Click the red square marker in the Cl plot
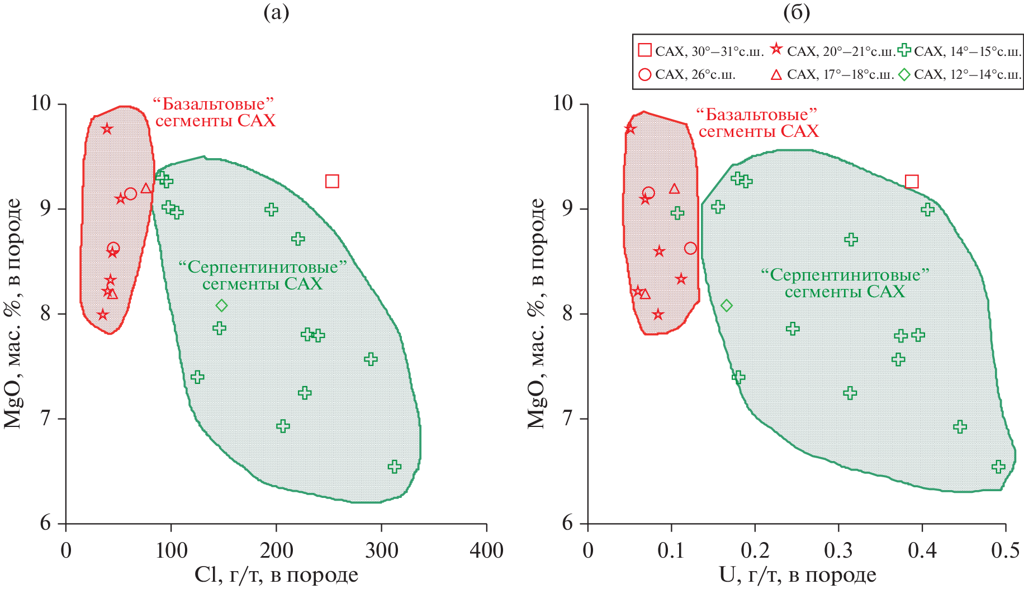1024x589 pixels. pos(332,181)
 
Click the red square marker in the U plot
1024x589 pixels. pos(912,182)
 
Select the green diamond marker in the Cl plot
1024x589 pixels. pos(222,305)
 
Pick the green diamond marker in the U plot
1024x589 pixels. pos(727,305)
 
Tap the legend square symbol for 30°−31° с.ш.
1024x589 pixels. pos(645,50)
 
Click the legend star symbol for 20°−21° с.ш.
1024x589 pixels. pos(776,50)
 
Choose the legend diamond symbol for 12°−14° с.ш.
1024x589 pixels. pos(904,74)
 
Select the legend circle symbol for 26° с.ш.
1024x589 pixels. pos(645,74)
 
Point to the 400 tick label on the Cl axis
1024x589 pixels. pos(486,550)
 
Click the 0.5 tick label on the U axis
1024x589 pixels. pos(1006,550)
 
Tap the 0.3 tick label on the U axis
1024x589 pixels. pos(838,550)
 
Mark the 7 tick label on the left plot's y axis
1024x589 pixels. pos(45,419)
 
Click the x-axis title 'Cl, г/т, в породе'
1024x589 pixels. pos(276,575)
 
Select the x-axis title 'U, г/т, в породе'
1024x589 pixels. pos(797,575)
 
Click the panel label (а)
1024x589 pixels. pos(276,12)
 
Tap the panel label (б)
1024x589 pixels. pos(797,12)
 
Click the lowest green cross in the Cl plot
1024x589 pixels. pos(395,467)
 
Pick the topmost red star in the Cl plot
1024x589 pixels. pos(107,129)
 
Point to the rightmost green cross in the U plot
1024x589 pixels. pos(999,467)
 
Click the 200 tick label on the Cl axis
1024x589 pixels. pos(276,550)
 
